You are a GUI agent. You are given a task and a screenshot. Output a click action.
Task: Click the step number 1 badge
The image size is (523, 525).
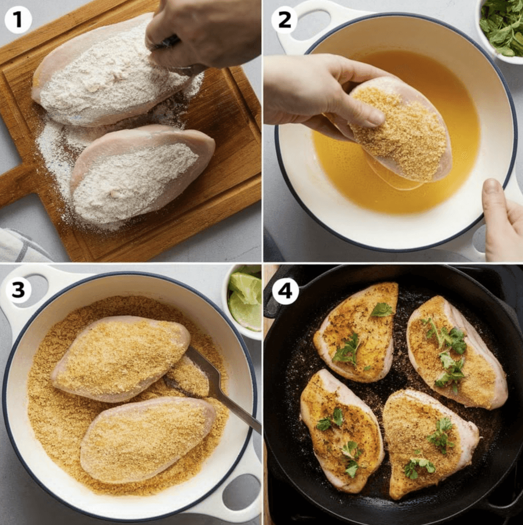point(18,19)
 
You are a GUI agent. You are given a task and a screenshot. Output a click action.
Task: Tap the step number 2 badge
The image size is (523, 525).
point(284,19)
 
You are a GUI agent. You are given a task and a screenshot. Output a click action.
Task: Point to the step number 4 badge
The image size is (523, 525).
point(285,291)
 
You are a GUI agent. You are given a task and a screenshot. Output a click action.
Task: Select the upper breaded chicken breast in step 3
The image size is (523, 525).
point(120,358)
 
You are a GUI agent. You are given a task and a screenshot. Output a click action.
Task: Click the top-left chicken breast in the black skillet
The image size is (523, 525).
point(357,332)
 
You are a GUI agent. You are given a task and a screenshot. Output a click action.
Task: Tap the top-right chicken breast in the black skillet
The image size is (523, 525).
point(457,353)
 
